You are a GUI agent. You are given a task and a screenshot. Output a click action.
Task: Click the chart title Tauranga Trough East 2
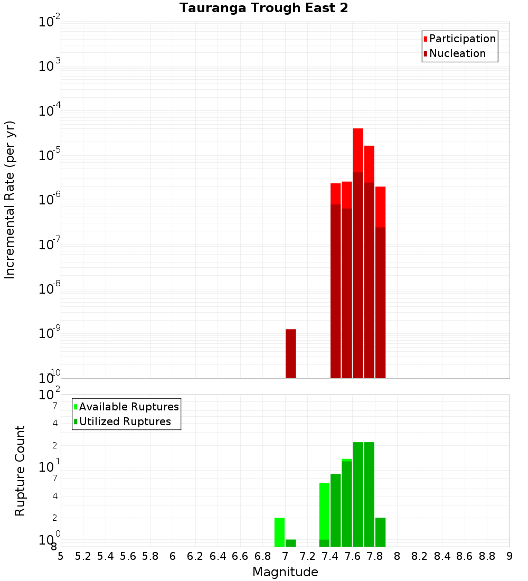pos(263,8)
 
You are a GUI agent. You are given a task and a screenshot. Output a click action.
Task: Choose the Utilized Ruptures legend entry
pos(125,421)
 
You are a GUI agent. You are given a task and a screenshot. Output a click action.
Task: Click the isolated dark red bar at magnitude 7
pos(290,353)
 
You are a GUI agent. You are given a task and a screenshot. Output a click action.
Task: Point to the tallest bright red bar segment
pos(358,150)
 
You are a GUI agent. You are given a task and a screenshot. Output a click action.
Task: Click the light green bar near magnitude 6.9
pos(279,532)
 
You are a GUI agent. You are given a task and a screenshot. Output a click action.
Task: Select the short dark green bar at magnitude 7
pos(290,543)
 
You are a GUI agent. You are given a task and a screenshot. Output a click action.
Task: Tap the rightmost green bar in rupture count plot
pos(380,532)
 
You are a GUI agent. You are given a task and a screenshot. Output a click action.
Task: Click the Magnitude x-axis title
pos(285,572)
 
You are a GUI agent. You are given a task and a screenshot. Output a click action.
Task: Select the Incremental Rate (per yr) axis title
pos(10,200)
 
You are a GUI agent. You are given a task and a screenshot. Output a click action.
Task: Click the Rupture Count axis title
pos(20,470)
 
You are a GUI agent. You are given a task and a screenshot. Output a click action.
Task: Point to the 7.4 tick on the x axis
pos(330,556)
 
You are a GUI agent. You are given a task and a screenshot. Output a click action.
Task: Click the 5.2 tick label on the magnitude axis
pos(83,556)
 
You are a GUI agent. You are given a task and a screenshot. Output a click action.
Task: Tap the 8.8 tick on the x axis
pos(487,556)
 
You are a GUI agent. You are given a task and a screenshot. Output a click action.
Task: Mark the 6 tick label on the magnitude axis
pos(173,556)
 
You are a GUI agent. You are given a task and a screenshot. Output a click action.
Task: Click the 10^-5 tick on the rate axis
pos(50,155)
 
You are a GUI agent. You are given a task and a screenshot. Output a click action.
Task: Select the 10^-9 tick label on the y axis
pos(50,333)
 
